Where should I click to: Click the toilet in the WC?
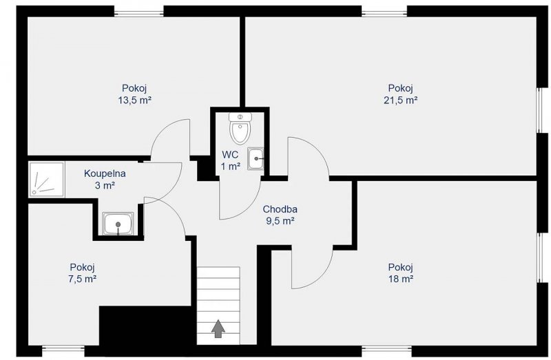click(x=240, y=128)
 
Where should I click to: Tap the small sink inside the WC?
click(x=256, y=159)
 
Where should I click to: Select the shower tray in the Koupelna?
click(x=47, y=179)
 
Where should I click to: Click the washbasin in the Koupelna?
click(x=118, y=224)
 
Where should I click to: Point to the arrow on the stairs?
click(x=218, y=329)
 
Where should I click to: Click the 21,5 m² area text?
click(x=401, y=100)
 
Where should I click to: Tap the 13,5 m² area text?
click(x=134, y=100)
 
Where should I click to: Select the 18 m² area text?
click(x=401, y=279)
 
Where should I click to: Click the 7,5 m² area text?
click(x=83, y=279)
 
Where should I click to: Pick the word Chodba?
click(x=280, y=209)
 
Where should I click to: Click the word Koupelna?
click(x=105, y=173)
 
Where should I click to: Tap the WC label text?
click(x=230, y=155)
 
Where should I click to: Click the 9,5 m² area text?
click(x=280, y=221)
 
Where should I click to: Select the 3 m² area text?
click(x=105, y=185)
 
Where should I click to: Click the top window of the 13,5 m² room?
click(x=139, y=11)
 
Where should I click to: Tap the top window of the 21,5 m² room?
click(x=384, y=11)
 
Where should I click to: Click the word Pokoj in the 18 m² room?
click(x=400, y=267)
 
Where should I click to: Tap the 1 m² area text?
click(x=231, y=167)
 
